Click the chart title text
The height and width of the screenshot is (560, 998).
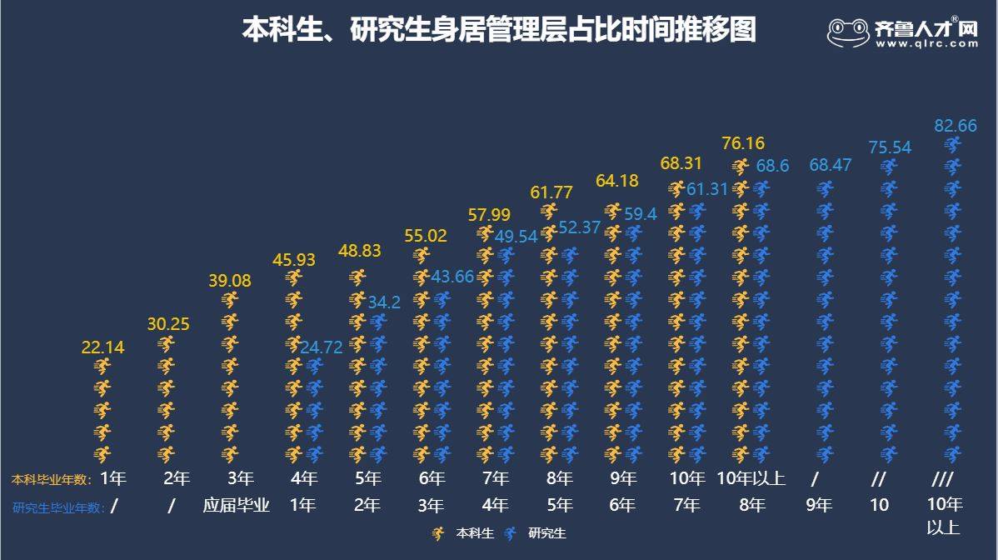pos(499,30)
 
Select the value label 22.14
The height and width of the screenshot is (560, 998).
pos(102,348)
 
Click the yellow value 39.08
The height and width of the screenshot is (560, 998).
pos(229,281)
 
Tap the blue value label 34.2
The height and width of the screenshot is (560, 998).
pos(384,302)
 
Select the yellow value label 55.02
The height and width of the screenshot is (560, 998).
pos(425,236)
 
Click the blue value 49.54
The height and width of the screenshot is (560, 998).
pos(516,237)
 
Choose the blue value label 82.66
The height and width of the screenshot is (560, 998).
pos(955,126)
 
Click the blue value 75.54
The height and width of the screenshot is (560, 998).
pos(890,147)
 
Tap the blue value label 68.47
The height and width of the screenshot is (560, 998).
pos(830,165)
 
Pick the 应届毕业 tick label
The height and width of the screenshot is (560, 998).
pos(236,506)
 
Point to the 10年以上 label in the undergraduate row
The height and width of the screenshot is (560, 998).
pos(751,478)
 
